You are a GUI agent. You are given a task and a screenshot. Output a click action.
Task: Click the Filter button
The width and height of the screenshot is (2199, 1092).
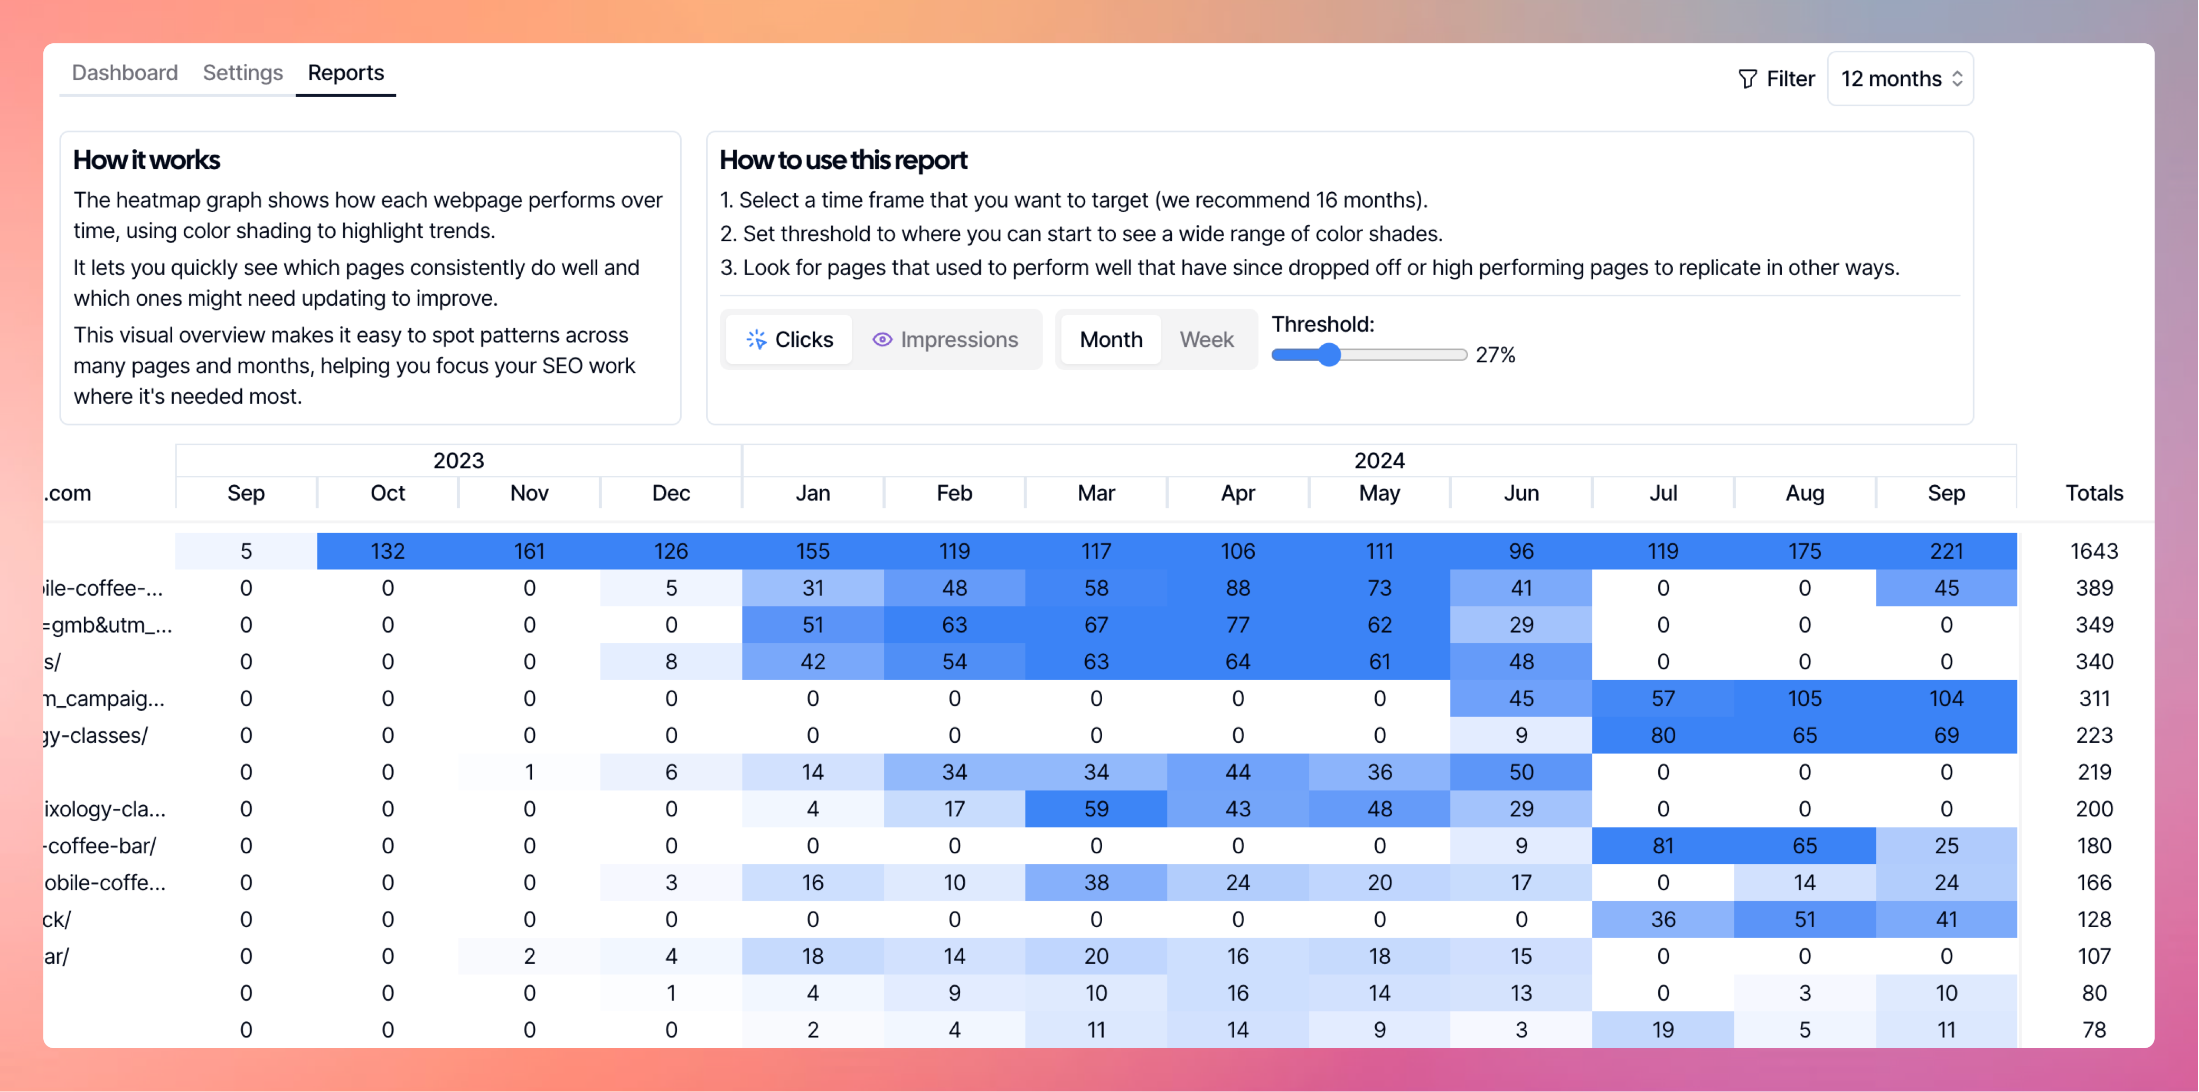(1777, 79)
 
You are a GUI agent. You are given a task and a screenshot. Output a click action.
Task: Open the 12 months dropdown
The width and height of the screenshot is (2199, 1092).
(1900, 79)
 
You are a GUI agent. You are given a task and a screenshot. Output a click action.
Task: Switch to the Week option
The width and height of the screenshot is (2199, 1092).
(1206, 340)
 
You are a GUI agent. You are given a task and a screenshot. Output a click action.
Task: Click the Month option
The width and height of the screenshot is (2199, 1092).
(1111, 340)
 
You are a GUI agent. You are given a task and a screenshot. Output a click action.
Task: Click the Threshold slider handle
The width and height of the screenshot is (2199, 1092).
(1328, 355)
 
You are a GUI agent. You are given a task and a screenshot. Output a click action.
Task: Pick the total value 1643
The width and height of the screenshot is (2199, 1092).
(2093, 552)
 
